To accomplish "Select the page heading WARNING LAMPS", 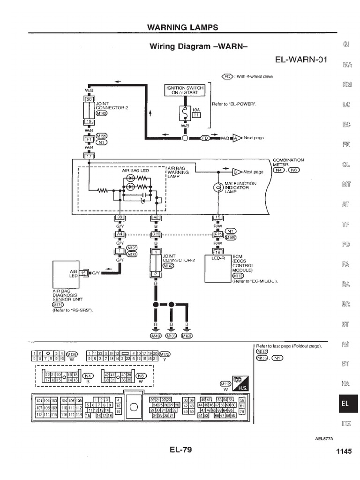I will click(183, 27).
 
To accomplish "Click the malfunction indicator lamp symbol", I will click(217, 187).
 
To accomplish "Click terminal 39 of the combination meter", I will click(120, 217).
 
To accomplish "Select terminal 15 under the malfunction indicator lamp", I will click(217, 217).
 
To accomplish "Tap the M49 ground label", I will click(156, 336).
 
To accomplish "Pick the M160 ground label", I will click(187, 336).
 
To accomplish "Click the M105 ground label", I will click(172, 336).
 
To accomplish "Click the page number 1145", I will click(343, 451).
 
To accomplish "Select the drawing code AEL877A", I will click(324, 439).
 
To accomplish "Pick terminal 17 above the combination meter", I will click(89, 155).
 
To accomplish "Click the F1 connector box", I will click(89, 139).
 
